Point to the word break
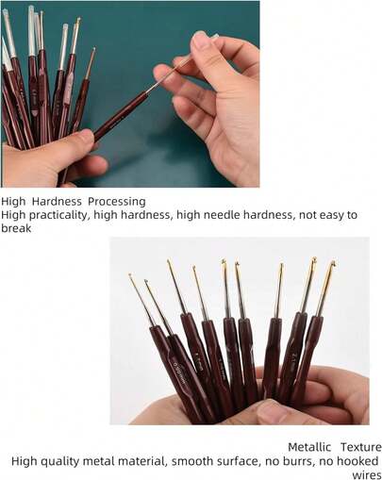tap(17, 228)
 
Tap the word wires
tap(366, 474)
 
